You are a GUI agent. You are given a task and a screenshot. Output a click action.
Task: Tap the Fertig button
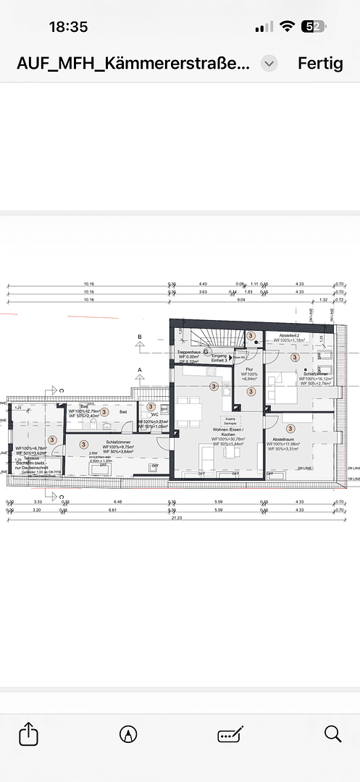pyautogui.click(x=320, y=63)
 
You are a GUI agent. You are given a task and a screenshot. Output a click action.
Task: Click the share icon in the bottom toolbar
pyautogui.click(x=28, y=734)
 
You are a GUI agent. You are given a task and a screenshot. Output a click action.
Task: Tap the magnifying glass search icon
pyautogui.click(x=332, y=733)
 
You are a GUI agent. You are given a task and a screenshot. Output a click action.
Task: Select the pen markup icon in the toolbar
pyautogui.click(x=128, y=734)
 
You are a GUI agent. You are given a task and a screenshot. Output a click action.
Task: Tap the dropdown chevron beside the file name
pyautogui.click(x=269, y=63)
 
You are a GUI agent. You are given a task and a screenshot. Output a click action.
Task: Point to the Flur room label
pyautogui.click(x=249, y=369)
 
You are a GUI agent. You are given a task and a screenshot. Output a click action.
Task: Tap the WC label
pyautogui.click(x=154, y=415)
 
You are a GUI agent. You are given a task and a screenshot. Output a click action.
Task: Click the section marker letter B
pyautogui.click(x=140, y=337)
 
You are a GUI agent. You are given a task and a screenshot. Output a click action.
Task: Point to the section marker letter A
pyautogui.click(x=140, y=369)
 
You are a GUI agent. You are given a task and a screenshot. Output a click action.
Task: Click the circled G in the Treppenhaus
pyautogui.click(x=206, y=352)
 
